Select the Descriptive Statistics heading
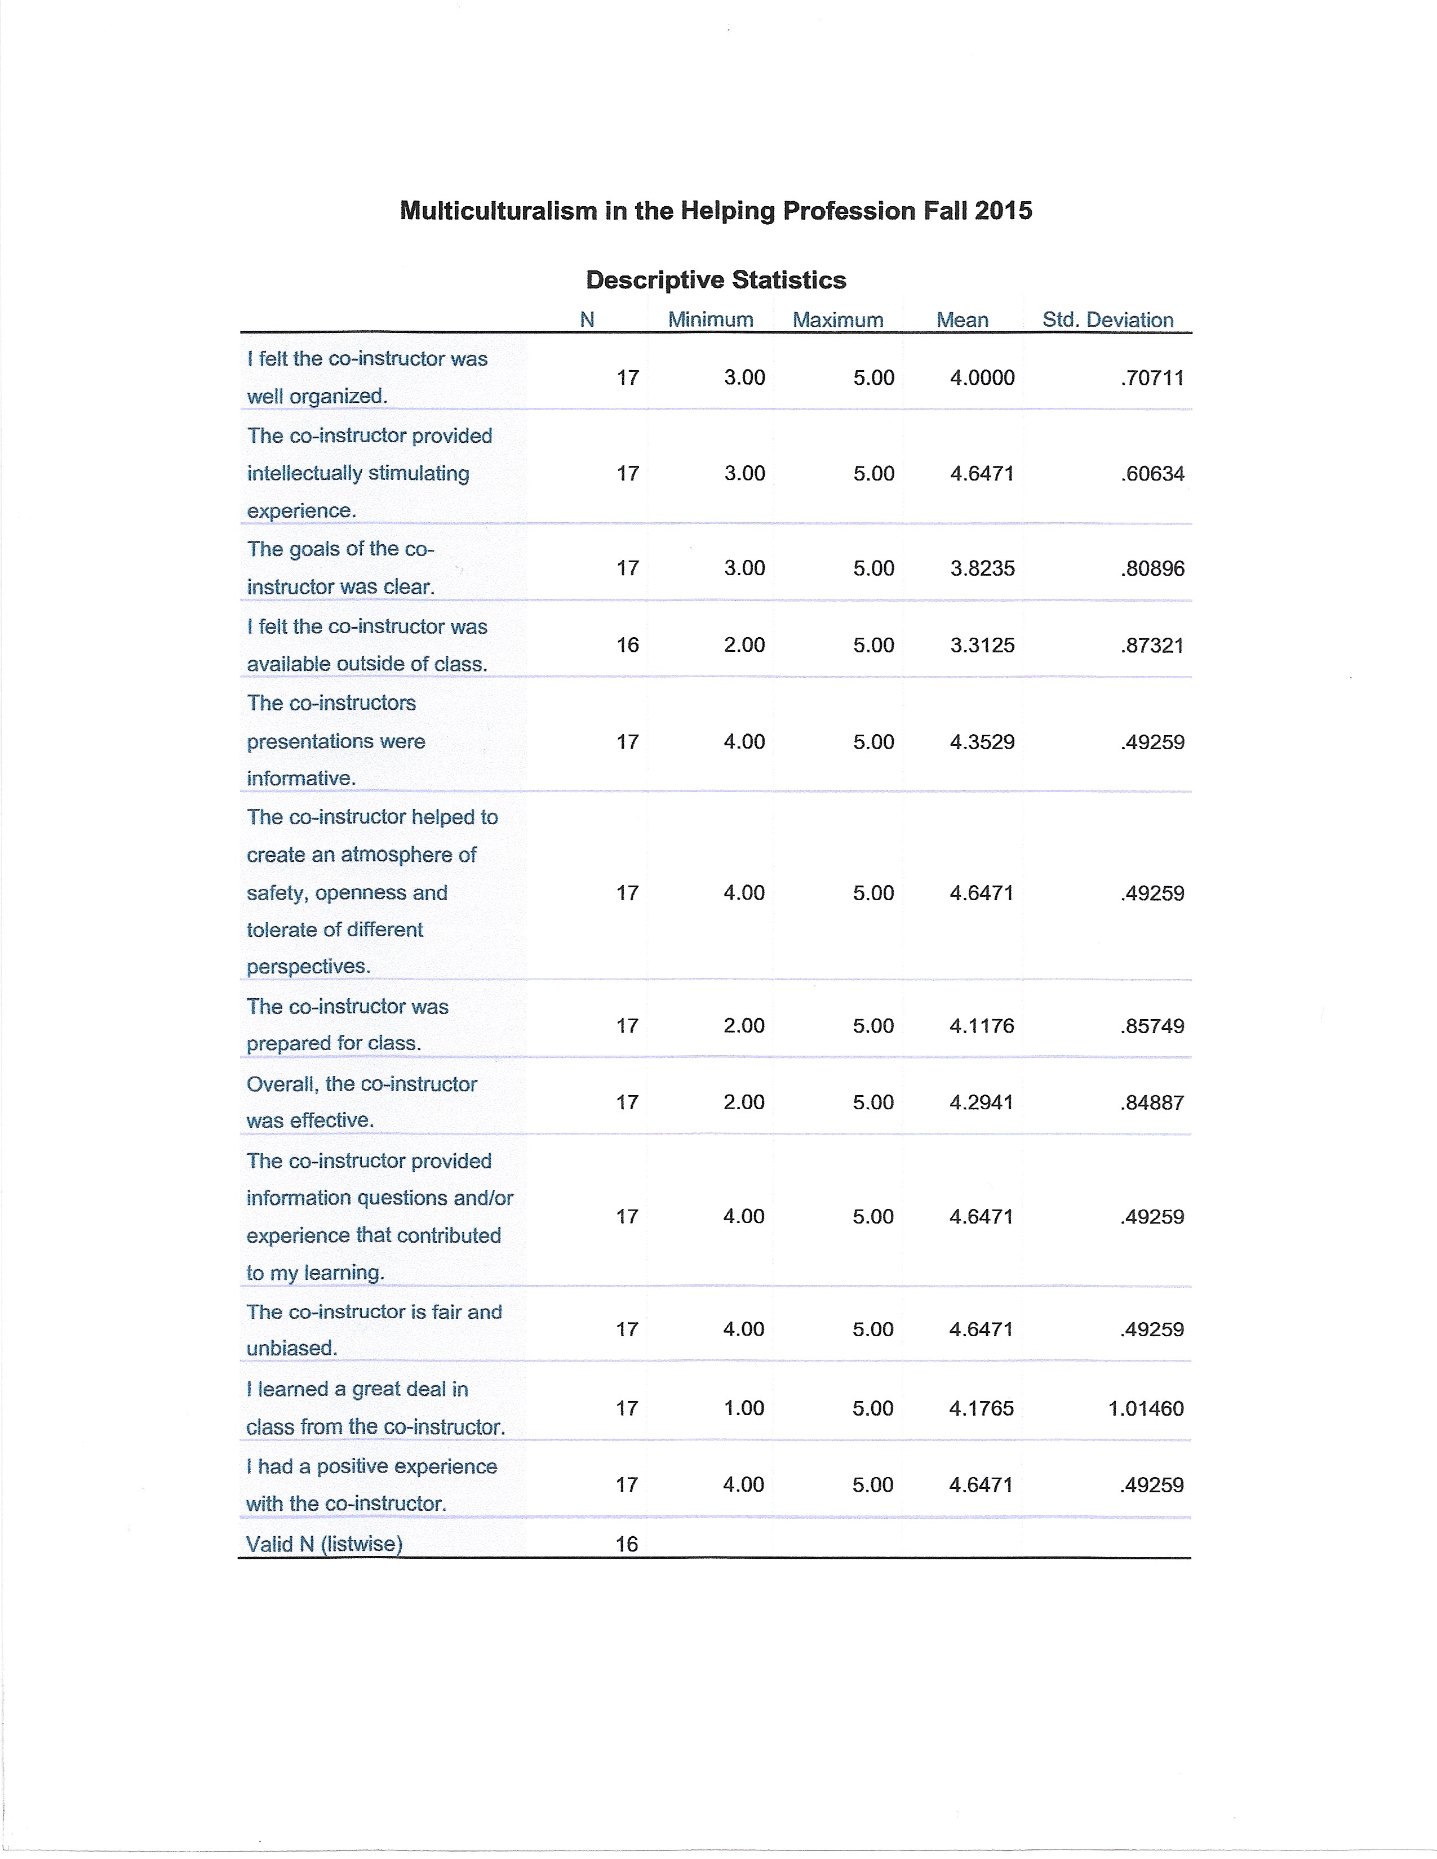coord(716,280)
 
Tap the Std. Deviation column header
coord(1107,320)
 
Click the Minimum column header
coord(711,320)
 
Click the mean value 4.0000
coord(982,378)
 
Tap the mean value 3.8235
coord(982,568)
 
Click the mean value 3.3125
coord(982,645)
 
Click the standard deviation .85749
coord(1152,1026)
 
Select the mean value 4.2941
coord(982,1102)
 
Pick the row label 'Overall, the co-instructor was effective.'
coord(361,1102)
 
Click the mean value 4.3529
coord(982,742)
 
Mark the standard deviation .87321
coord(1152,645)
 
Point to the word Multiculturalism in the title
coord(499,211)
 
